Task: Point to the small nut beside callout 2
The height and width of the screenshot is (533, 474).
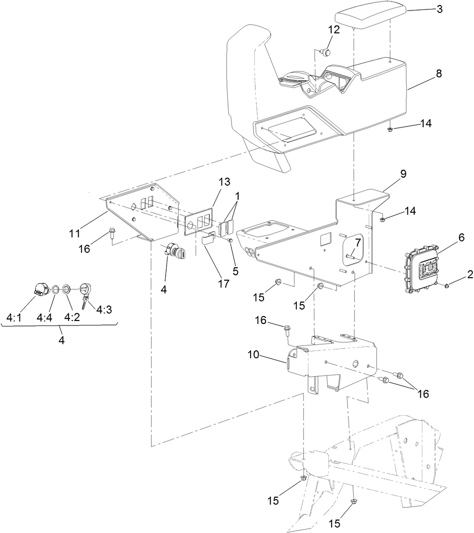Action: tap(447, 286)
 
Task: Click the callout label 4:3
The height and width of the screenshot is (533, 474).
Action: tap(104, 310)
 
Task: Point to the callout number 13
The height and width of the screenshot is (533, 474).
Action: tap(225, 181)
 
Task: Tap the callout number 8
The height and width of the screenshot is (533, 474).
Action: tap(438, 73)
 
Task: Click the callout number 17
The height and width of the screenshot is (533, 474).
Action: tap(223, 284)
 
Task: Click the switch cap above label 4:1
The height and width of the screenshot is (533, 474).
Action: tap(40, 289)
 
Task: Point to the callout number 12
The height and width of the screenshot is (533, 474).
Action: tap(333, 29)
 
